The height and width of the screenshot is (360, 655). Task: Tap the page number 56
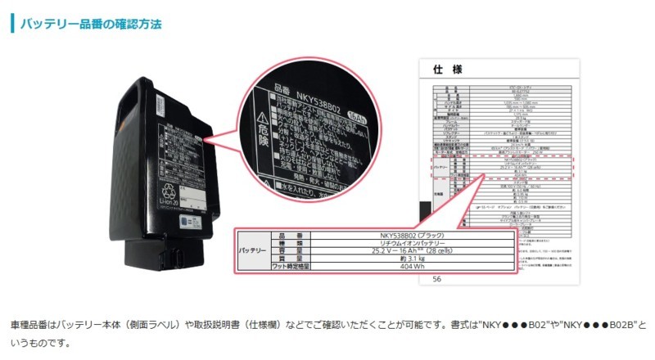tap(436, 279)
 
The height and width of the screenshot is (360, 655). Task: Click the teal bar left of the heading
tap(13, 23)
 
